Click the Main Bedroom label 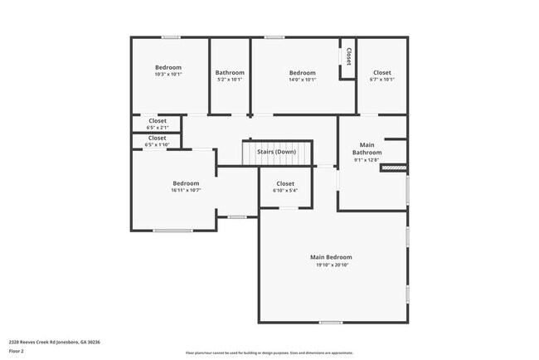(x=332, y=257)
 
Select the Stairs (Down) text (x=276, y=152)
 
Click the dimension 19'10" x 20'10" (x=332, y=265)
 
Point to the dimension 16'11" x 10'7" (x=186, y=191)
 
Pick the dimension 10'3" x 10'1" (x=168, y=75)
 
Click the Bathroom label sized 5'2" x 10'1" (x=230, y=72)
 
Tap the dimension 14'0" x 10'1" (x=303, y=80)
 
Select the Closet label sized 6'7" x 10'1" (x=381, y=72)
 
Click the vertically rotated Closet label (x=348, y=56)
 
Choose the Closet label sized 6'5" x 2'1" (x=158, y=121)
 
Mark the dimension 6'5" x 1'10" (x=158, y=145)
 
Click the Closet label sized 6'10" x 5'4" (x=285, y=183)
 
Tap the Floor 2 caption (x=17, y=351)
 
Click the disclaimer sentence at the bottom (x=269, y=353)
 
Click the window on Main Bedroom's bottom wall (x=331, y=322)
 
